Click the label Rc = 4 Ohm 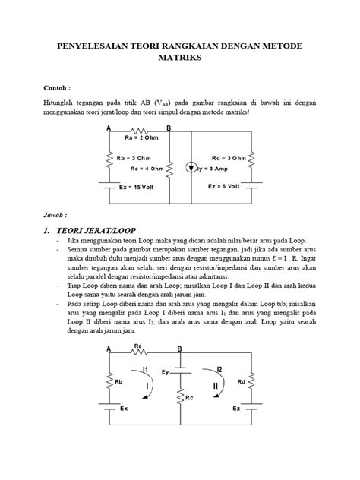[x=146, y=168]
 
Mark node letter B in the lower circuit [x=179, y=349]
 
